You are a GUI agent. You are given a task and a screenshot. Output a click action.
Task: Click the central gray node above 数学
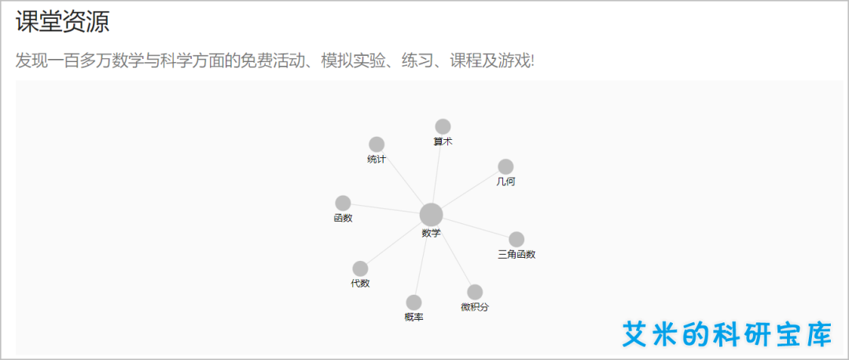click(431, 215)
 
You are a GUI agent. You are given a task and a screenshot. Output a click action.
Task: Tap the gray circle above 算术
click(443, 127)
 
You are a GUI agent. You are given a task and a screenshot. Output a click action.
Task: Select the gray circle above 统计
click(377, 145)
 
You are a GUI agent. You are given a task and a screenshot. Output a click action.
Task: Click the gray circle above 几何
click(505, 167)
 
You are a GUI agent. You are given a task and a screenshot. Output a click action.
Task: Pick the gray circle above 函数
click(343, 204)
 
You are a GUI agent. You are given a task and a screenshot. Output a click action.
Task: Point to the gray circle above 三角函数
click(516, 240)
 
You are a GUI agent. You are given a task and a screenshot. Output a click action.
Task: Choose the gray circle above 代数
click(360, 269)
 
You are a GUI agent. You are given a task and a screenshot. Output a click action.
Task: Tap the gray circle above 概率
click(413, 303)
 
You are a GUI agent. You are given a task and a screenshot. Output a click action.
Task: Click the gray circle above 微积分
click(475, 292)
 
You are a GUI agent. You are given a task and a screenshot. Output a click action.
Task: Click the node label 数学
click(431, 233)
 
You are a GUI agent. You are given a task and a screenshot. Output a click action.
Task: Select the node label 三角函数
click(516, 255)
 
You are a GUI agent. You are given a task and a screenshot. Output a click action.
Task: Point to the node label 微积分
click(475, 307)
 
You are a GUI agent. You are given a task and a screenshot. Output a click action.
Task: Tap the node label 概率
click(413, 318)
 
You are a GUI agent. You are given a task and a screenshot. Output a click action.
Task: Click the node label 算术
click(443, 141)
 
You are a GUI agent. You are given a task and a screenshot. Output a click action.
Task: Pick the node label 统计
click(377, 160)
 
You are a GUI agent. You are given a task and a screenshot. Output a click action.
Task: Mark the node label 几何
click(505, 182)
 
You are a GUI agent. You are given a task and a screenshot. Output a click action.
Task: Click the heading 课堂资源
click(62, 22)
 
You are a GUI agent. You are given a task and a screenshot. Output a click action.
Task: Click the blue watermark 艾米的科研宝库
click(726, 334)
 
